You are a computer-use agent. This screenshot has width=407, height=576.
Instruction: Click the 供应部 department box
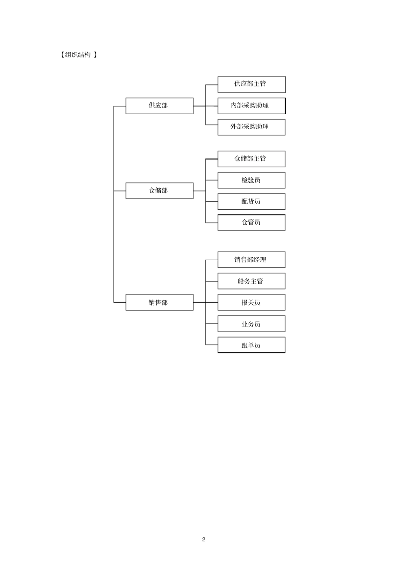pos(159,106)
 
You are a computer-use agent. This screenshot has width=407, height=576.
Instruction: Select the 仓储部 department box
pos(159,190)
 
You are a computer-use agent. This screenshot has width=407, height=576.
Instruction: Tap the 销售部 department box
pos(159,303)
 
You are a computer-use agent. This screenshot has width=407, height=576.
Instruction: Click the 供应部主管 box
pos(251,84)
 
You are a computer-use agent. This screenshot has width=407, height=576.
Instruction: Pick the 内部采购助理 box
pos(251,106)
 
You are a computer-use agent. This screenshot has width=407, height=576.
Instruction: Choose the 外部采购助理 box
pos(251,127)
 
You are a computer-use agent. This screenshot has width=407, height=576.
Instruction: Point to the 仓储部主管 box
pos(251,159)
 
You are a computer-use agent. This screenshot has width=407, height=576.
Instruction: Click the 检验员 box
pos(251,180)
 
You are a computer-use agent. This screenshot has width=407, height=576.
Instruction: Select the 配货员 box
pos(251,202)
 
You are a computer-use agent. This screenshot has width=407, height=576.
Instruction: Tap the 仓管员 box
pos(251,223)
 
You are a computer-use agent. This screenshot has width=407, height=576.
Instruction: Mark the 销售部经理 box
pos(251,260)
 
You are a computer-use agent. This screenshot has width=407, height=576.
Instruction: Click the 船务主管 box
pos(251,281)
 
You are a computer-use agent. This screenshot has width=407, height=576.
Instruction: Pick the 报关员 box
pos(251,303)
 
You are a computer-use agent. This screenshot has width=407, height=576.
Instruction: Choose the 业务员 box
pos(251,324)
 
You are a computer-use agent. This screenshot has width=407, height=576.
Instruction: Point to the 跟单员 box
pos(251,345)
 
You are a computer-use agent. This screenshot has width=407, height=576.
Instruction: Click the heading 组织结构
pos(78,55)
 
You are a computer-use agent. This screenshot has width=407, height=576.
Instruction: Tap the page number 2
pos(203,539)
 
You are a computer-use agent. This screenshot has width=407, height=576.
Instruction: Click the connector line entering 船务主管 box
pos(212,281)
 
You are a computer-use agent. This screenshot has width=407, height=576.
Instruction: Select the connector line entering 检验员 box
pos(212,180)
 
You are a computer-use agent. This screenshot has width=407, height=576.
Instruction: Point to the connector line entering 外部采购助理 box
pos(212,125)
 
